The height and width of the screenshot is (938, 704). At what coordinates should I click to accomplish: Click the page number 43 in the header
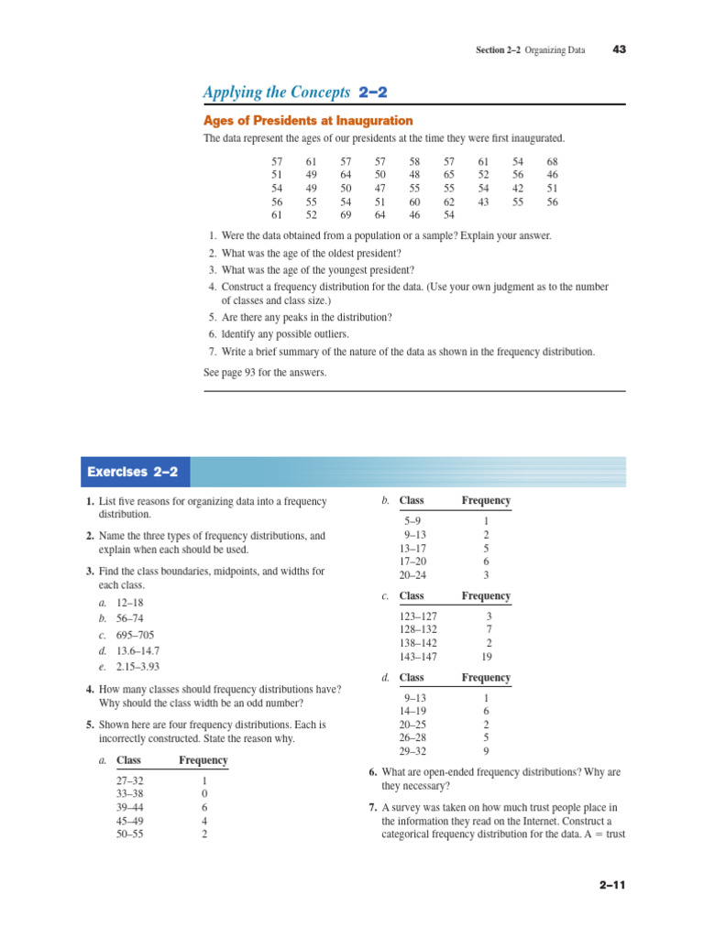point(619,49)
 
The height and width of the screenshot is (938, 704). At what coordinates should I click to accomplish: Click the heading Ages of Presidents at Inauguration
point(307,121)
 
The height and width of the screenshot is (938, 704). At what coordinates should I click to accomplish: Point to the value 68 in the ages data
point(552,161)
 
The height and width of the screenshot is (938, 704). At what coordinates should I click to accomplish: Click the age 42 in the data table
point(518,188)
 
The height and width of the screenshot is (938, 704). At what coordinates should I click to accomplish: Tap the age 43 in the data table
point(483,202)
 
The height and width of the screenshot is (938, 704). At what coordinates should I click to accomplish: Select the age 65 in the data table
point(449,174)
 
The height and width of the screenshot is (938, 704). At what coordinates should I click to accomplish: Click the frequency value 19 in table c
point(487,656)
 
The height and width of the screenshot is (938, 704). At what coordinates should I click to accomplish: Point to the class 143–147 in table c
point(419,656)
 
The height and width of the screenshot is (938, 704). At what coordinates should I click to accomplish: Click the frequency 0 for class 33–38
point(203,794)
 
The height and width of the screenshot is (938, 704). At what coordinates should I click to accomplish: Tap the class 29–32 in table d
point(413,751)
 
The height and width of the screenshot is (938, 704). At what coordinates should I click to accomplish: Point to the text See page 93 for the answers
point(264,373)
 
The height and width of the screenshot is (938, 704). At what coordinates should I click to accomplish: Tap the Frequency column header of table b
point(486,501)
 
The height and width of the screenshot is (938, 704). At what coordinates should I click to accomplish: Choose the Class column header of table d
point(412,678)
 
